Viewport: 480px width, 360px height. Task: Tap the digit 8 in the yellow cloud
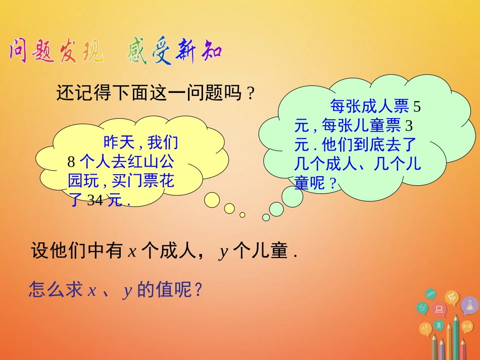pyautogui.click(x=71, y=163)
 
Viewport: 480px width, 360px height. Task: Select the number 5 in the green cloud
pyautogui.click(x=417, y=107)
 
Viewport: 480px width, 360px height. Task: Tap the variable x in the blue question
pyautogui.click(x=92, y=291)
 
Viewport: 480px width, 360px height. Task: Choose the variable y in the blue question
pyautogui.click(x=127, y=292)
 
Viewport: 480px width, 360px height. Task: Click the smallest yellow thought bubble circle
pyautogui.click(x=243, y=215)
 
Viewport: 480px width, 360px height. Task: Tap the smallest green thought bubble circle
pyautogui.click(x=266, y=217)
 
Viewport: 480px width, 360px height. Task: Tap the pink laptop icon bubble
pyautogui.click(x=439, y=308)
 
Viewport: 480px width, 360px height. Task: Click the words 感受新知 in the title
pyautogui.click(x=174, y=52)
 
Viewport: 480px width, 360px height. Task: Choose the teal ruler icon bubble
pyautogui.click(x=430, y=293)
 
